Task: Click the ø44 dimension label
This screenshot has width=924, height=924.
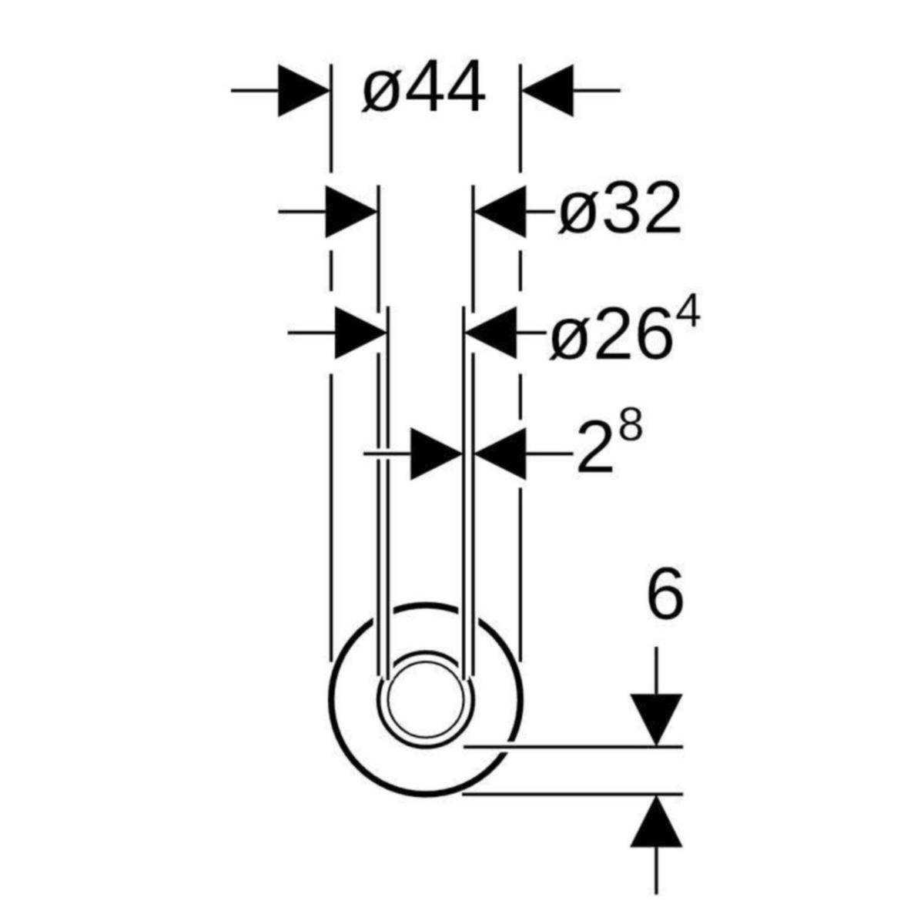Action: click(423, 87)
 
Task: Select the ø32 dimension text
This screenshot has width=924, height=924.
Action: click(619, 209)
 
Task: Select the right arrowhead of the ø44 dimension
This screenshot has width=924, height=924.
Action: click(547, 90)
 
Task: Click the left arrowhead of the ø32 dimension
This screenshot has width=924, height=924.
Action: click(351, 210)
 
